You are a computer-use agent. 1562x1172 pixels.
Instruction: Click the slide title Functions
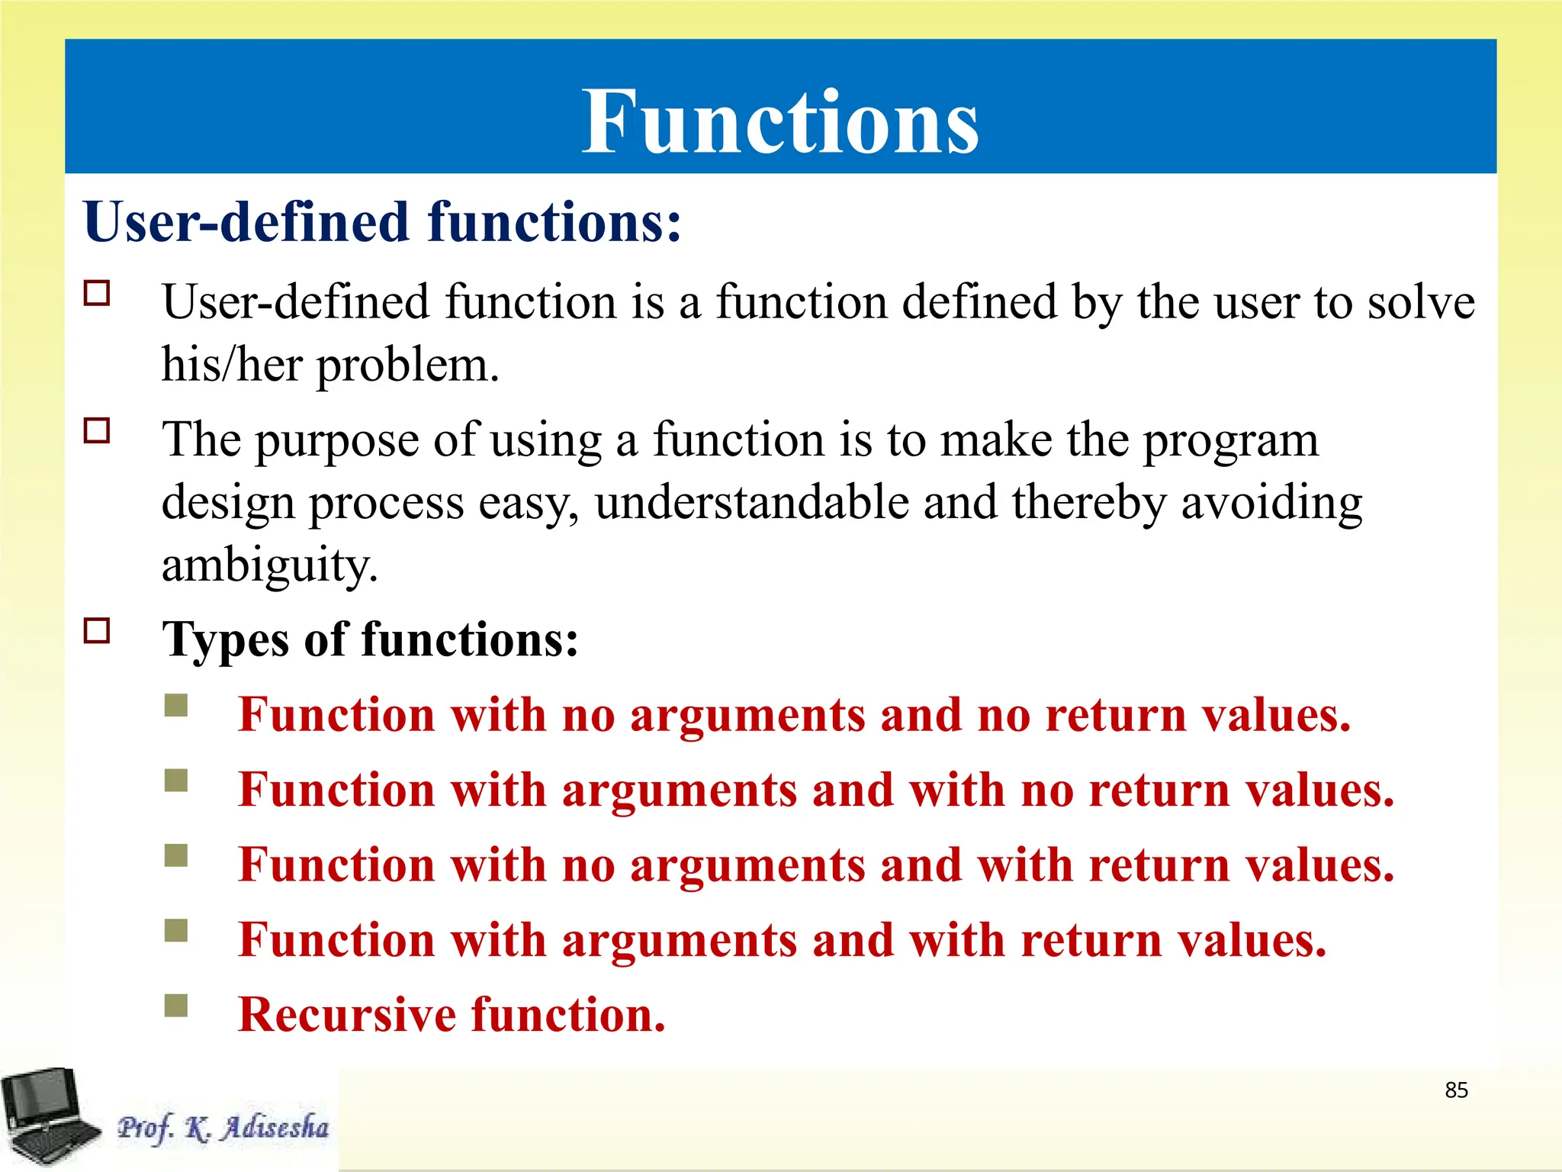[x=780, y=122]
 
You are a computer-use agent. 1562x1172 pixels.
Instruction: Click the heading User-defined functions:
[x=381, y=222]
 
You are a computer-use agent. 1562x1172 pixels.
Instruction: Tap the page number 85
[x=1456, y=1090]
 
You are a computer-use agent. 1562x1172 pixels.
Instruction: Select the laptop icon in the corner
[x=47, y=1116]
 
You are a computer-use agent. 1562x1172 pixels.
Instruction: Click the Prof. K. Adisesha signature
[x=223, y=1128]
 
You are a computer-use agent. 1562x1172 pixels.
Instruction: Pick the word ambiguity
[x=269, y=566]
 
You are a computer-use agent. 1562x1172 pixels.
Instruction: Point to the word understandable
[x=752, y=503]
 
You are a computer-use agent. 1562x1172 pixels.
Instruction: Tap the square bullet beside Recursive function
[x=176, y=1006]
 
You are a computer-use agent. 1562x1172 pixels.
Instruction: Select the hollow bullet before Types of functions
[x=97, y=631]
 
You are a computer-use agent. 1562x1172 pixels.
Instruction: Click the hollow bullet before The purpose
[x=97, y=431]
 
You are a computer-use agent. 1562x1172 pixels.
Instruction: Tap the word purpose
[x=336, y=441]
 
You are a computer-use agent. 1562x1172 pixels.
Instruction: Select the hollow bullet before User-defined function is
[x=97, y=293]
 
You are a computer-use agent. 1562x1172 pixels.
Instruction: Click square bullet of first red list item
[x=176, y=705]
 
